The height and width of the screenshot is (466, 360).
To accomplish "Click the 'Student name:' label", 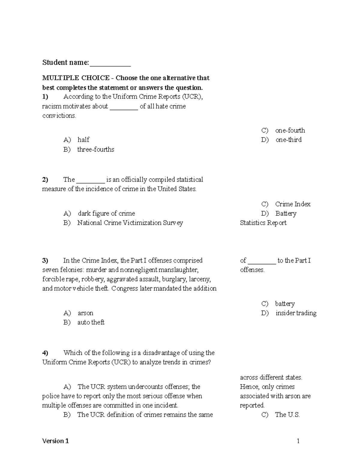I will (x=65, y=62).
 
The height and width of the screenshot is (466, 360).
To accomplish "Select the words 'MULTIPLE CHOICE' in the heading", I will (x=76, y=78).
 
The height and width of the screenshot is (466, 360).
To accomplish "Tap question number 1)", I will (x=45, y=97).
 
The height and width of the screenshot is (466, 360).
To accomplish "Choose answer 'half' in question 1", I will (x=83, y=140).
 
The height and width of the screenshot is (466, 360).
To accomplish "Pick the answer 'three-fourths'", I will (x=96, y=149).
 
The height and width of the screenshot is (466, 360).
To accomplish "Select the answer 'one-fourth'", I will (x=290, y=131).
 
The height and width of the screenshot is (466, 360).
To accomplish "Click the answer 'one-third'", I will (x=288, y=140).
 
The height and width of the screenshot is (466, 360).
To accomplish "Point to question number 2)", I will (x=45, y=180).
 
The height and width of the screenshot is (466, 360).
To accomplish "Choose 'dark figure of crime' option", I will (x=106, y=214).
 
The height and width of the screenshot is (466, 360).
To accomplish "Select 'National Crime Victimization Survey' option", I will (x=130, y=223).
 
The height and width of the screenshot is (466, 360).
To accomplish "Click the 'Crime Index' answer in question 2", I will (x=292, y=204).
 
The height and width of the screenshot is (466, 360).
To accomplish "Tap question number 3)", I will (x=45, y=260).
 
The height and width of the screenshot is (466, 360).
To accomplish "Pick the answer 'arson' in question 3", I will (x=85, y=313).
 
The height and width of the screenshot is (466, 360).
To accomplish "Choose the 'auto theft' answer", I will (x=91, y=323).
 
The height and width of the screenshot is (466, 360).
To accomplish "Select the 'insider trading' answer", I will (x=296, y=313).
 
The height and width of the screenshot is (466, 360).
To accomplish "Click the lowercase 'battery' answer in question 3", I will (x=285, y=304).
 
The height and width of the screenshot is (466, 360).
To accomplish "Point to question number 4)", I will (x=45, y=353).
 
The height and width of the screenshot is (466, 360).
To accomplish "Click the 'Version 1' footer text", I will (x=55, y=441).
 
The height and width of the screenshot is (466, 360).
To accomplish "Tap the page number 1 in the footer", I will (x=298, y=441).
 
